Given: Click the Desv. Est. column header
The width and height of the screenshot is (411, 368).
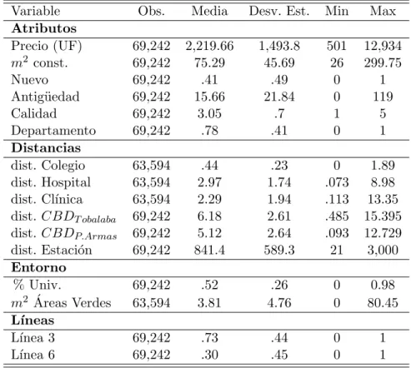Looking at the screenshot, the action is click(279, 11).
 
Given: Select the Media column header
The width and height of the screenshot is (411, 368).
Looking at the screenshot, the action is click(209, 11).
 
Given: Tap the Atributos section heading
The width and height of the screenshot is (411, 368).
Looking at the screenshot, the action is click(44, 28).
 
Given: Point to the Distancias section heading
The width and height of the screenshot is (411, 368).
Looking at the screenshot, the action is click(46, 148).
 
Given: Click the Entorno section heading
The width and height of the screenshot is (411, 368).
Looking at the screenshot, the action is click(38, 267).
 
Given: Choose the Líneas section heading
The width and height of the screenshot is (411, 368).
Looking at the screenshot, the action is click(33, 321).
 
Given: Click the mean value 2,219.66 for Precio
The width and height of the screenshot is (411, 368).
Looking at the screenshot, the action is click(209, 46).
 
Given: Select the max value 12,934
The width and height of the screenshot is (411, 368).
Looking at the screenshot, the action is click(383, 46).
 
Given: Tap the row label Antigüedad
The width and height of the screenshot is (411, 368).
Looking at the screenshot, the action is click(45, 97).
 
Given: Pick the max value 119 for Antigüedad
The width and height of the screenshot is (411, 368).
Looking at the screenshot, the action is click(383, 97).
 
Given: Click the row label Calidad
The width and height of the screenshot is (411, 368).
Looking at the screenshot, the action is click(34, 114).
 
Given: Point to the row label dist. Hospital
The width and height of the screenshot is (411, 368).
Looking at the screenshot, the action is click(51, 182).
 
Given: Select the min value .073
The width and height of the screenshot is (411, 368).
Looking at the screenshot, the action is click(337, 182).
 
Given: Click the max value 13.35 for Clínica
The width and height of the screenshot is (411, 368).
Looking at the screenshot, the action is click(383, 199).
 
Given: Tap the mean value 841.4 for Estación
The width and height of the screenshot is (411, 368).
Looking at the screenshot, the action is click(209, 250).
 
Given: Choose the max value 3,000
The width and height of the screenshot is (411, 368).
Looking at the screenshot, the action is click(383, 250).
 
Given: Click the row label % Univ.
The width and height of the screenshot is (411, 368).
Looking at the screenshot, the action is click(37, 285).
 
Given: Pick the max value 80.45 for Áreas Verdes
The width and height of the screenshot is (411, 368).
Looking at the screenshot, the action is click(383, 302).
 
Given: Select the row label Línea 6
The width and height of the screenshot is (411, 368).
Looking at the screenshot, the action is click(33, 355).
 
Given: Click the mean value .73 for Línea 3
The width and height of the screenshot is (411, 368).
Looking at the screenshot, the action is click(209, 338).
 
